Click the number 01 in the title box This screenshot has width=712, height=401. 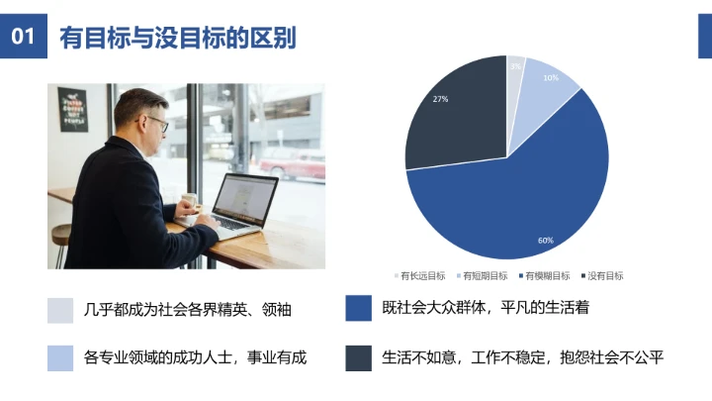point(24,38)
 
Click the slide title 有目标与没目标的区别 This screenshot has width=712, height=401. point(178,38)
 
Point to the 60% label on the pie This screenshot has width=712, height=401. point(545,241)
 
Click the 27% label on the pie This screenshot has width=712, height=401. point(441,99)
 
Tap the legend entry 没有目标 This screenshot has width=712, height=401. point(604,275)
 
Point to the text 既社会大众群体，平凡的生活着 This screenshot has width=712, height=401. point(486,308)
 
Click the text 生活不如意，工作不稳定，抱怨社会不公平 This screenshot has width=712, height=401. point(522,357)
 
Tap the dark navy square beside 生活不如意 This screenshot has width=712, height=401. point(358,357)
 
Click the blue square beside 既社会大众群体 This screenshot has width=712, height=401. point(358,308)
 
